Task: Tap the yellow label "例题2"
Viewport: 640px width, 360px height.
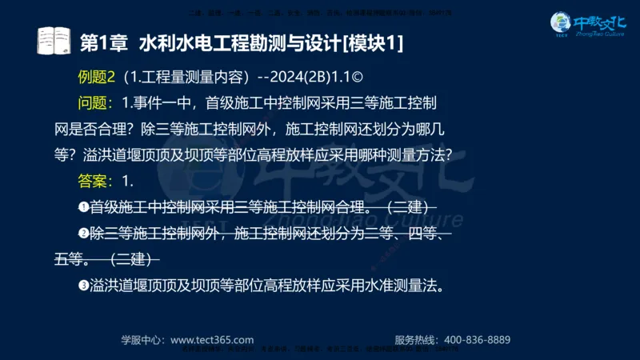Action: [97, 76]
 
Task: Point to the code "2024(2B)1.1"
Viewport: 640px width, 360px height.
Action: [317, 76]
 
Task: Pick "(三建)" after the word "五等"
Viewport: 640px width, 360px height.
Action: [130, 259]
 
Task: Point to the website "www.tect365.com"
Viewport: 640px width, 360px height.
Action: [212, 339]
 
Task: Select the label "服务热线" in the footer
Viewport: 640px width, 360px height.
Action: [417, 339]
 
